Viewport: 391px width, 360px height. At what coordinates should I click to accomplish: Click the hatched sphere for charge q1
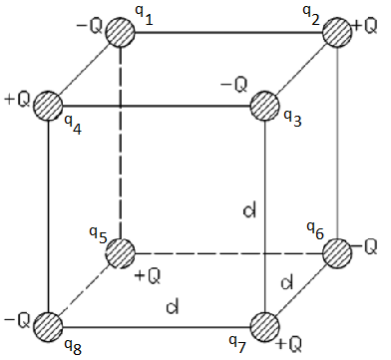[121, 31]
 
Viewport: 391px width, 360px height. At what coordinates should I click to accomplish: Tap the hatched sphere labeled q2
[337, 31]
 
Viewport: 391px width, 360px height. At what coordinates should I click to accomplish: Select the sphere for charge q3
[264, 105]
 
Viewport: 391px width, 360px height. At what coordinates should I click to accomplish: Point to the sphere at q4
[48, 105]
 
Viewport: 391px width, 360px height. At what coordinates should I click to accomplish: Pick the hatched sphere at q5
[121, 252]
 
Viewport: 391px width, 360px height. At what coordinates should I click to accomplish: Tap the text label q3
[292, 118]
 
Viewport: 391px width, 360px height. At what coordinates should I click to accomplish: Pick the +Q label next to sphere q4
[17, 101]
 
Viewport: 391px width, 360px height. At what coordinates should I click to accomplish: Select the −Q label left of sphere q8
[16, 320]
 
